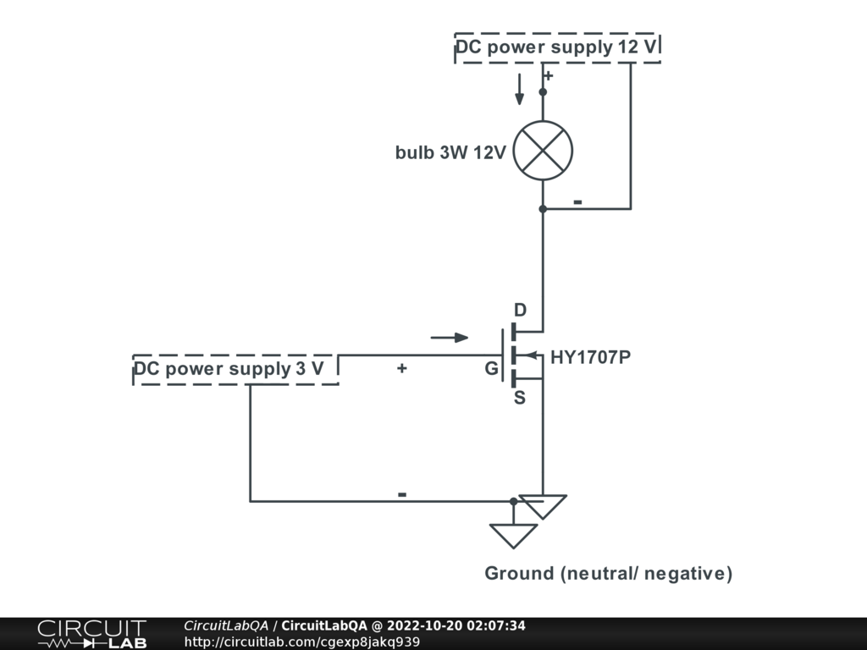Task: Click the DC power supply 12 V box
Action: click(x=557, y=47)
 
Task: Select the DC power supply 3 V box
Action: click(x=235, y=369)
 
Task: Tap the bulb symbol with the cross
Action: click(x=543, y=151)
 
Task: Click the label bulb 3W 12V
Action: click(x=450, y=152)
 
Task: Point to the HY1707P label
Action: click(x=590, y=357)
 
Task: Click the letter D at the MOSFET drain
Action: click(x=520, y=311)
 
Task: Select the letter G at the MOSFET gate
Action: click(x=491, y=369)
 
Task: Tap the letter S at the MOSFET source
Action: click(x=520, y=398)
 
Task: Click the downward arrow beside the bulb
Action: click(x=520, y=89)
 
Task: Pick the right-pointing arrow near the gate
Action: click(x=450, y=338)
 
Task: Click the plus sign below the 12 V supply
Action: click(x=548, y=76)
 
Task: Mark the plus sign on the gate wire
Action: click(x=401, y=368)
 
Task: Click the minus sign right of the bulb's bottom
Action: click(x=577, y=202)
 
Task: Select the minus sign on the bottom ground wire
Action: click(x=402, y=494)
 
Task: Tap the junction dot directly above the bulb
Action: click(x=543, y=91)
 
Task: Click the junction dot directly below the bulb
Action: click(x=543, y=208)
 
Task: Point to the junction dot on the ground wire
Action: click(x=513, y=501)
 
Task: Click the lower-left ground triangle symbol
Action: click(x=513, y=534)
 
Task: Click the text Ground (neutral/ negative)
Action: click(x=608, y=574)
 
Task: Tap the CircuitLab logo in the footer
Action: click(x=91, y=634)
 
